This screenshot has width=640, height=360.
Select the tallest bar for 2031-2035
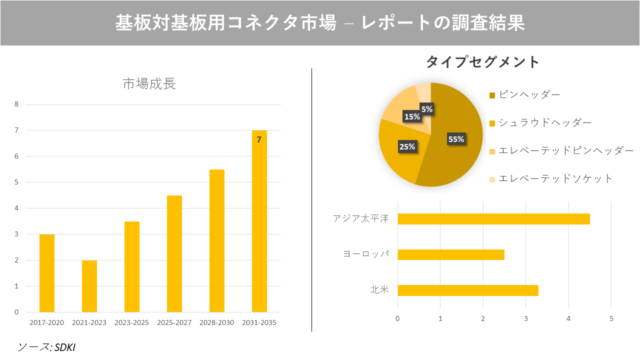point(259,225)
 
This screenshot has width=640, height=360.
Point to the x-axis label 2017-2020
point(46,322)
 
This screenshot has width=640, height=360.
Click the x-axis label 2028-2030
point(216,322)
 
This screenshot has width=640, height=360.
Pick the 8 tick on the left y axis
point(16,104)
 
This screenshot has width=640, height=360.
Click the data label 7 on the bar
point(259,140)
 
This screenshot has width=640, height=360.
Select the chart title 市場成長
point(149,84)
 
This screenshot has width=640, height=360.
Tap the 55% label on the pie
point(456,139)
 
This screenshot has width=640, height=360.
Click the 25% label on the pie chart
point(407,146)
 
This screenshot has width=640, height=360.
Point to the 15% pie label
point(412,117)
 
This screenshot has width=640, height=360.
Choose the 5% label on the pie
point(426,108)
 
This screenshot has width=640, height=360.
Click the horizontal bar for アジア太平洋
point(493,219)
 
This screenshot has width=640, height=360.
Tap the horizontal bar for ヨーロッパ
point(450,254)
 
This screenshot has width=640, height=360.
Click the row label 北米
point(379,290)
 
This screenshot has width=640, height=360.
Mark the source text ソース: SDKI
point(46,347)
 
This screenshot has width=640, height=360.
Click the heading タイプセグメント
point(482,62)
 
